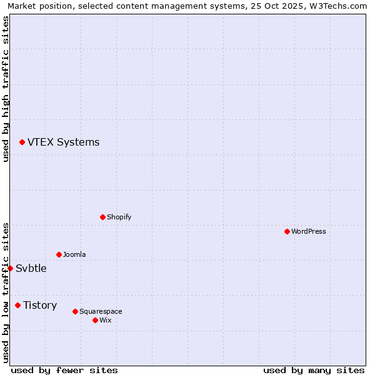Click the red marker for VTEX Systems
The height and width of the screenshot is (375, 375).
pyautogui.click(x=22, y=142)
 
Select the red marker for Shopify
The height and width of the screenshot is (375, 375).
pyautogui.click(x=102, y=217)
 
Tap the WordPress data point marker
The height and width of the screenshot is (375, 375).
pyautogui.click(x=287, y=231)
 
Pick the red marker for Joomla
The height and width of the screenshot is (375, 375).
pyautogui.click(x=59, y=254)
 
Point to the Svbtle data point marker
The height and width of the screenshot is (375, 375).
pyautogui.click(x=10, y=268)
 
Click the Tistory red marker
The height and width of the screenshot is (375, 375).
pyautogui.click(x=17, y=305)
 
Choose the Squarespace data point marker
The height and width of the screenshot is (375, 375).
pyautogui.click(x=75, y=311)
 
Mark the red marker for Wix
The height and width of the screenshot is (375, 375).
pyautogui.click(x=95, y=320)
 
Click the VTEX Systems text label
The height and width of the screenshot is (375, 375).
pyautogui.click(x=63, y=142)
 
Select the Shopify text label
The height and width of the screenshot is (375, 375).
pyautogui.click(x=119, y=217)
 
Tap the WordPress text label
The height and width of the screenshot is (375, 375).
pyautogui.click(x=308, y=231)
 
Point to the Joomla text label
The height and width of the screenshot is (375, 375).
pyautogui.click(x=74, y=254)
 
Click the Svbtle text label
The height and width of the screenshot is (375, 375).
pyautogui.click(x=31, y=268)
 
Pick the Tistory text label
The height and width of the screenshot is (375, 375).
pyautogui.click(x=40, y=305)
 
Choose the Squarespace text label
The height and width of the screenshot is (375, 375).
pyautogui.click(x=101, y=311)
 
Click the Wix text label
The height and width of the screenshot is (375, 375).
pyautogui.click(x=105, y=320)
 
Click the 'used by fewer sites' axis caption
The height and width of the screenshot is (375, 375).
pyautogui.click(x=64, y=370)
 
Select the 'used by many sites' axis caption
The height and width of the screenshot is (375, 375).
pyautogui.click(x=314, y=370)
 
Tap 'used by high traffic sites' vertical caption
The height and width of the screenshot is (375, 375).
pyautogui.click(x=6, y=89)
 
